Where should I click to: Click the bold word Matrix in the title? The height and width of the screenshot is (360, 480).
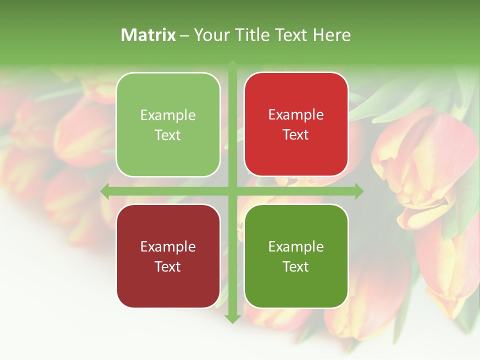(x=148, y=35)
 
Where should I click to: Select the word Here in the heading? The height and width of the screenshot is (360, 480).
(x=331, y=35)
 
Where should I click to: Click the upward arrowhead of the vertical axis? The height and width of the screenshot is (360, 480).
(x=232, y=65)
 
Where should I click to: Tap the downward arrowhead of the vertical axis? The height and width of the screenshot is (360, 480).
(x=232, y=318)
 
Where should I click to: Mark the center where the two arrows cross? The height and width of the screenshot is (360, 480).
(x=232, y=191)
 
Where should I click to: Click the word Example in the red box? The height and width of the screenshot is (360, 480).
(x=296, y=114)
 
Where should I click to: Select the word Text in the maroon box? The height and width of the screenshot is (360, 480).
(x=168, y=266)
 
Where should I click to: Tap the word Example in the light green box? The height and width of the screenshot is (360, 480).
(x=168, y=115)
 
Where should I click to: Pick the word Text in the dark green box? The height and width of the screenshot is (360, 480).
(x=296, y=266)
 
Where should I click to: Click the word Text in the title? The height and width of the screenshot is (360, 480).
(x=290, y=35)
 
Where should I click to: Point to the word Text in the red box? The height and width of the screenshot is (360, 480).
(x=296, y=134)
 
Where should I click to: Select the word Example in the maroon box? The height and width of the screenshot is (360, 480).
(x=168, y=246)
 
